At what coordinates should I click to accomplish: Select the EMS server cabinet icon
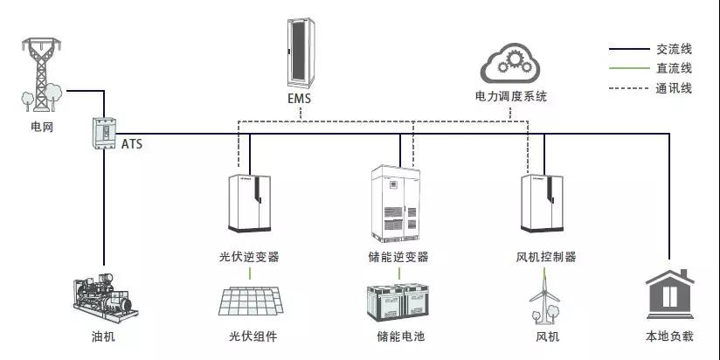tap(299, 51)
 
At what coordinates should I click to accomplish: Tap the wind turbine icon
tap(543, 298)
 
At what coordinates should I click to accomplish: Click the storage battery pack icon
tap(400, 302)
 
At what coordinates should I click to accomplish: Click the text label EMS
tap(299, 99)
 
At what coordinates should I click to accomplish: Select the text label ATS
tap(132, 142)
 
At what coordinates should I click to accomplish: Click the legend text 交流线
tap(674, 49)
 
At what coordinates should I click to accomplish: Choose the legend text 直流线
tap(674, 68)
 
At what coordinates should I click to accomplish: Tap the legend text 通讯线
tap(674, 87)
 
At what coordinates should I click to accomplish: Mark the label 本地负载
tap(669, 336)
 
